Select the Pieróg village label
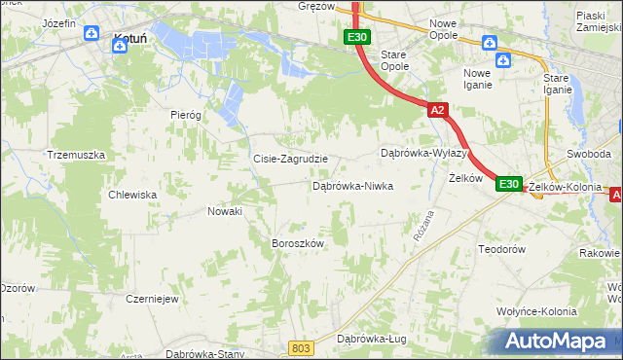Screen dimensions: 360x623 [185, 114]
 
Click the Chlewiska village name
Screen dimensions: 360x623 [133, 195]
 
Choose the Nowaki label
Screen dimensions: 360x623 [225, 211]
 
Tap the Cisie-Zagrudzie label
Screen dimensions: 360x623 [290, 159]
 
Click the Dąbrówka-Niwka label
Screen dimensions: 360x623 [351, 185]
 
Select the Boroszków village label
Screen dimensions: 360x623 [297, 243]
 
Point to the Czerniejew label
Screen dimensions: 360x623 [152, 299]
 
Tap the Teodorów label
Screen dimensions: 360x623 [502, 249]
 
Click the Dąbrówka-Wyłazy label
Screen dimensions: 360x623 [424, 154]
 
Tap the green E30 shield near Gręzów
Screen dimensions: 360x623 [356, 37]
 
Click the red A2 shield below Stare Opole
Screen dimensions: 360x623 [437, 110]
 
